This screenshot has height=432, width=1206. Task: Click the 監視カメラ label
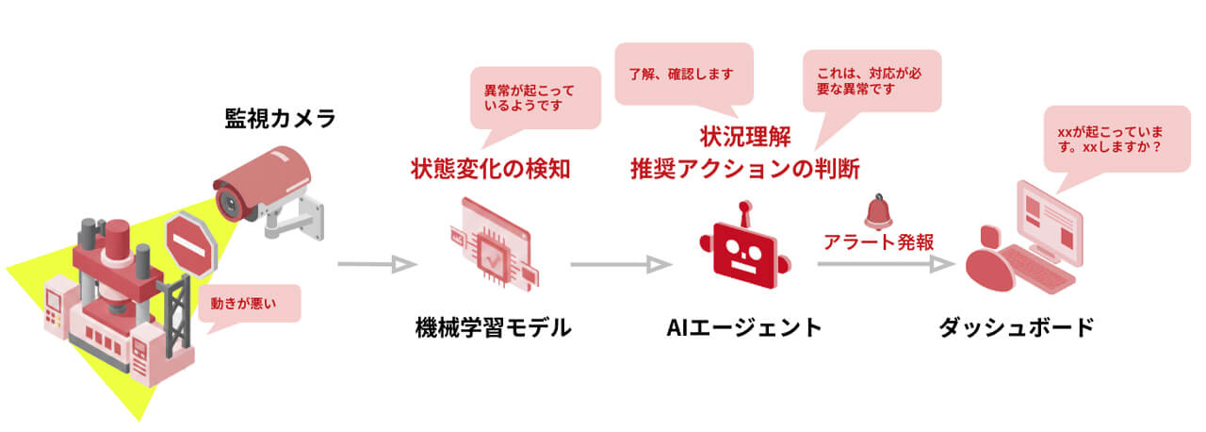pos(279,120)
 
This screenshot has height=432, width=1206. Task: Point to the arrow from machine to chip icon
pos(377,265)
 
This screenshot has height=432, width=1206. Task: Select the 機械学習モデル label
pos(493,328)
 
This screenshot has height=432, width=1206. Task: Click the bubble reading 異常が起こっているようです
pos(535,97)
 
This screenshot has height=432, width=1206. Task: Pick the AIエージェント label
pos(744,328)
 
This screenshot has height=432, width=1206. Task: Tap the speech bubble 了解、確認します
pos(683,73)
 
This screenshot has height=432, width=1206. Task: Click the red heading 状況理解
pos(744,138)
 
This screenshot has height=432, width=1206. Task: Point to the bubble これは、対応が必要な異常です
pos(872,79)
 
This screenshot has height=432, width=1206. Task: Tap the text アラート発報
pos(878,241)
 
